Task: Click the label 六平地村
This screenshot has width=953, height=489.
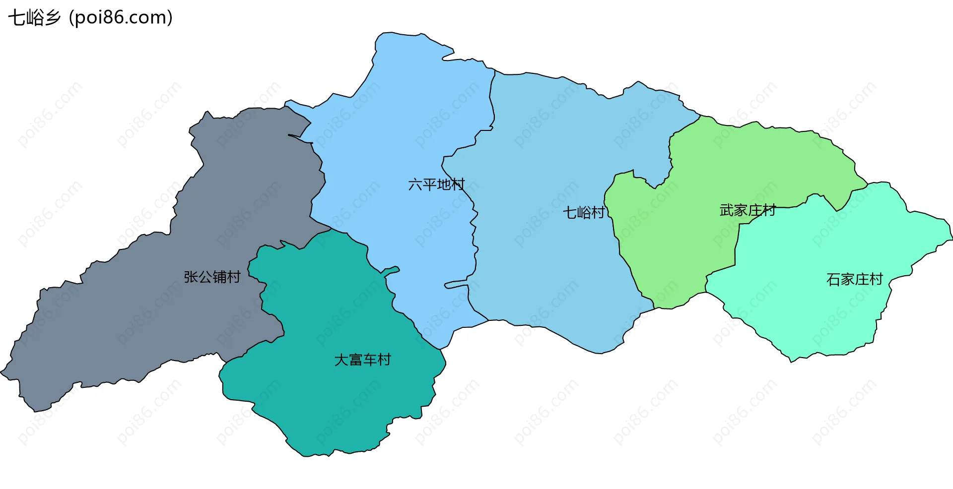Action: pyautogui.click(x=436, y=184)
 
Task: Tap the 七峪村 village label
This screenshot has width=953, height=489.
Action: pyautogui.click(x=584, y=213)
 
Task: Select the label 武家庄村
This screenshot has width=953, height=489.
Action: pyautogui.click(x=748, y=210)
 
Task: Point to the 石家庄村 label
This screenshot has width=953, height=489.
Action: pyautogui.click(x=854, y=279)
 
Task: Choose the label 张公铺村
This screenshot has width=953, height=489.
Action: pyautogui.click(x=212, y=277)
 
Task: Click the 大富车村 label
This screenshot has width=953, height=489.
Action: pyautogui.click(x=362, y=360)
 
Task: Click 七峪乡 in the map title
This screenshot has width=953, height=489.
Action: pyautogui.click(x=34, y=18)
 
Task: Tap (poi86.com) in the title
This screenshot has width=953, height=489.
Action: pyautogui.click(x=121, y=18)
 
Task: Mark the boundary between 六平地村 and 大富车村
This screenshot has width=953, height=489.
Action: pyautogui.click(x=392, y=298)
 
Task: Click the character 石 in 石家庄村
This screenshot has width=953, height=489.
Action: pyautogui.click(x=833, y=279)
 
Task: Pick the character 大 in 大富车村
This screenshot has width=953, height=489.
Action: pyautogui.click(x=341, y=360)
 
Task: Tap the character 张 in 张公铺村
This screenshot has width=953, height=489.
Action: pyautogui.click(x=191, y=277)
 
